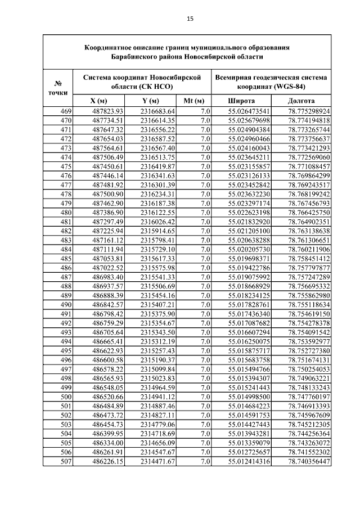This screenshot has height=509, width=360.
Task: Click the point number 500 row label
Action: [66, 397]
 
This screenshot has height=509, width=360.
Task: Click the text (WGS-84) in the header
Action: [291, 87]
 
